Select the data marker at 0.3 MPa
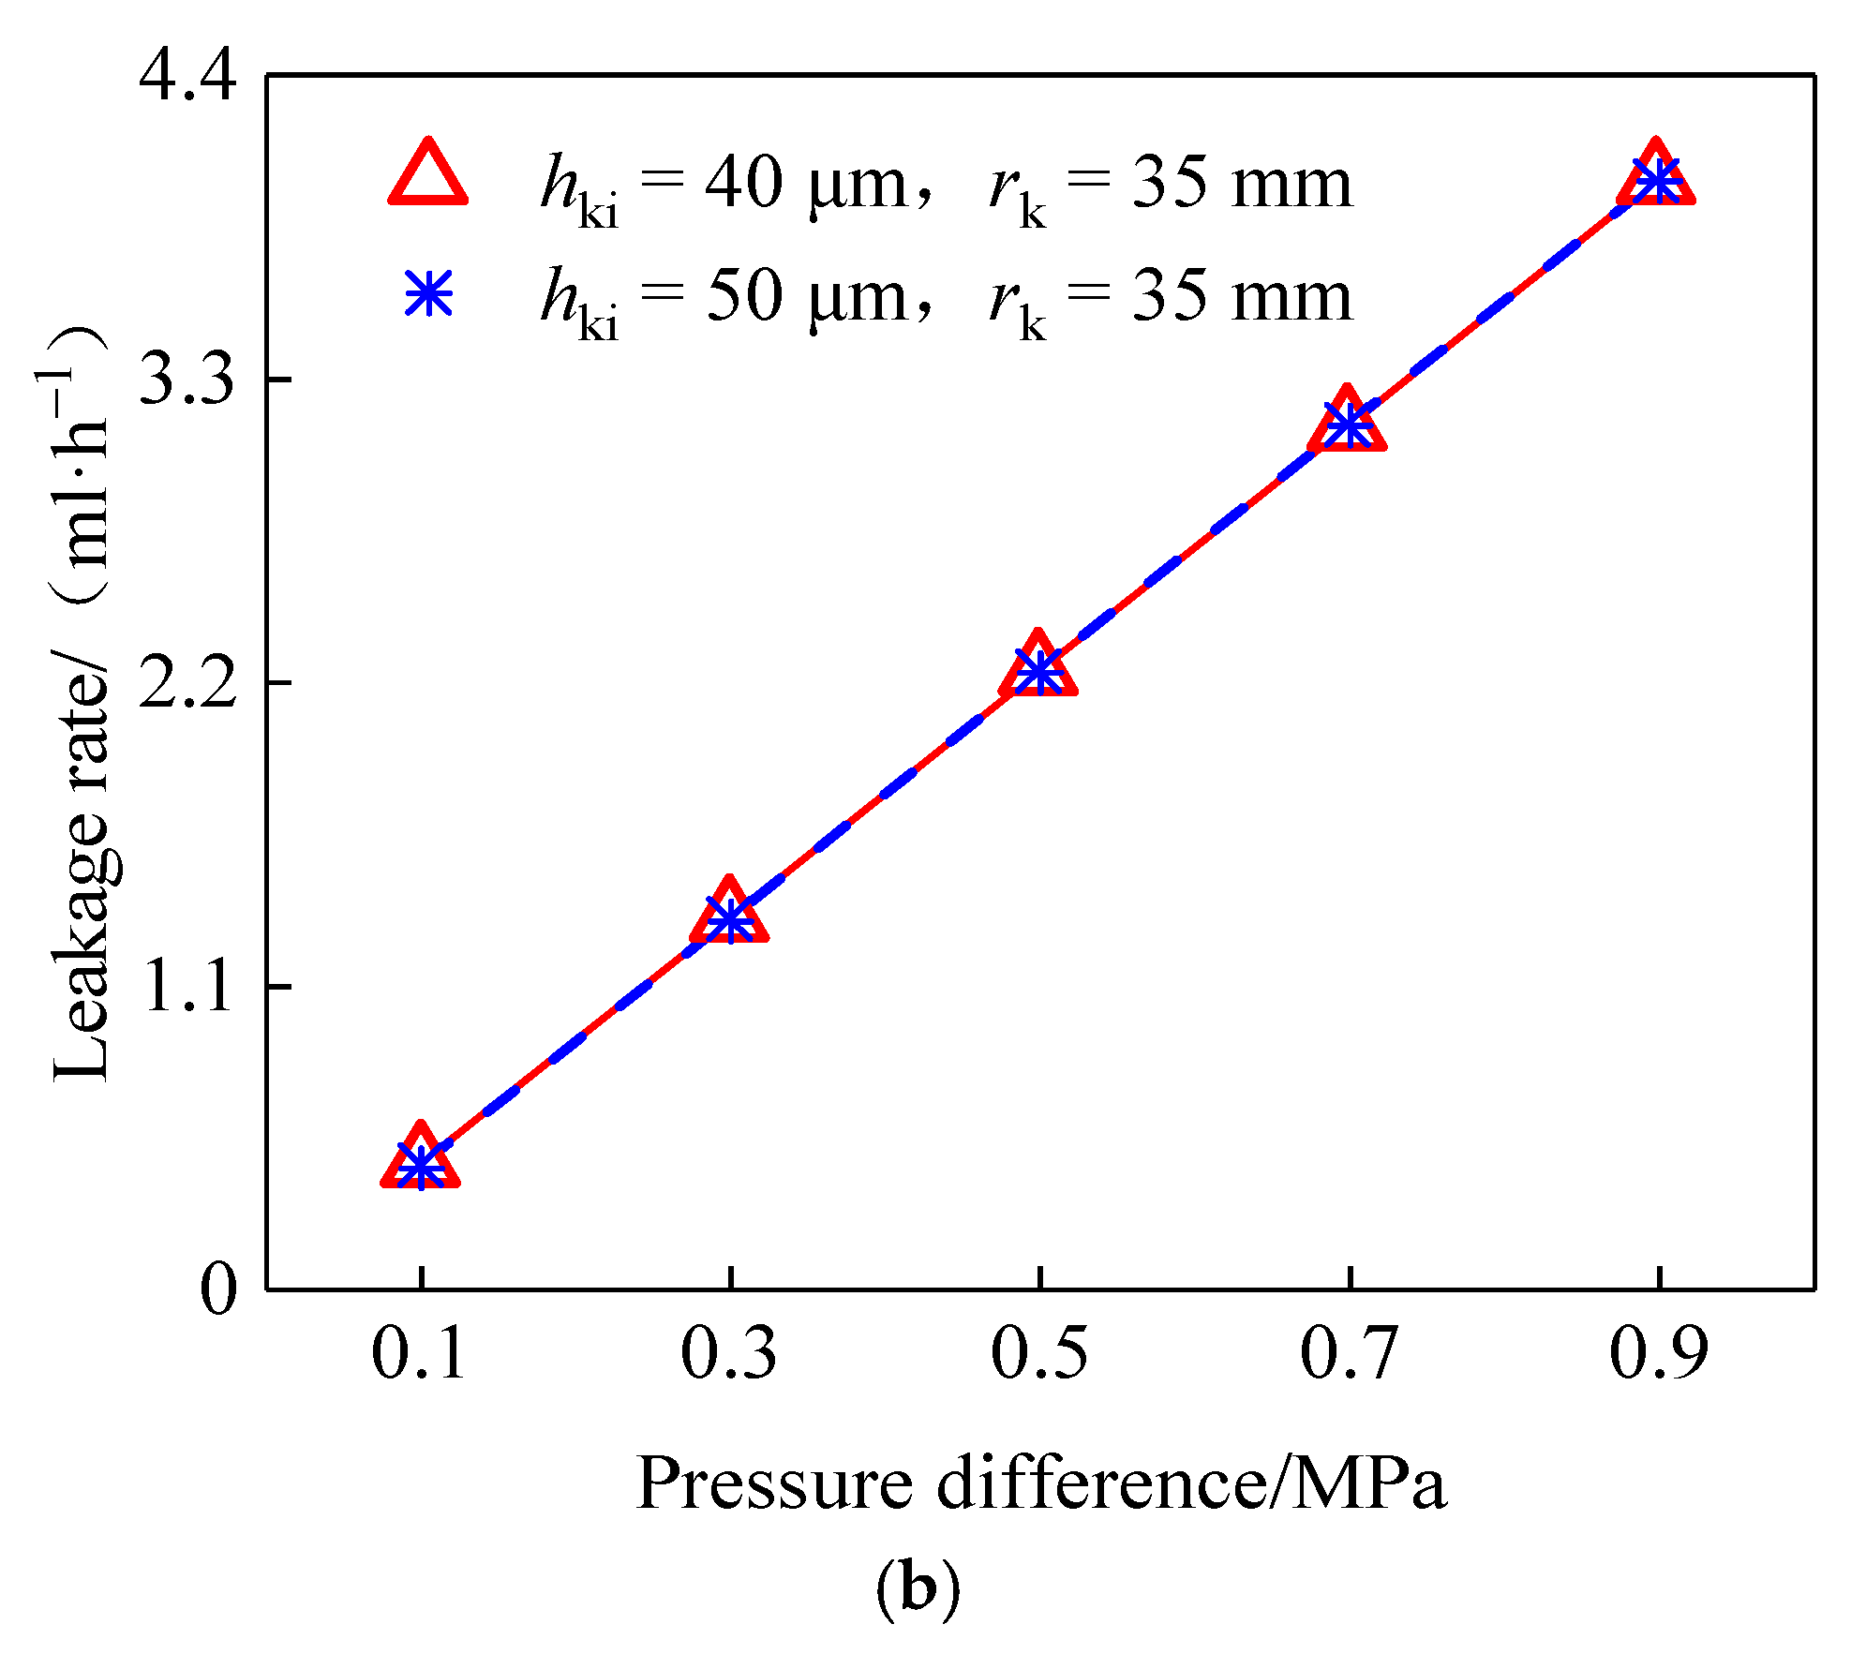coord(729,919)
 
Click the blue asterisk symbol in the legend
coord(428,294)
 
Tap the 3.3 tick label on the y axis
coord(187,380)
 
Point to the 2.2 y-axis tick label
coord(187,683)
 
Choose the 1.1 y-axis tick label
coord(187,987)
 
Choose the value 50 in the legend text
coord(743,297)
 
